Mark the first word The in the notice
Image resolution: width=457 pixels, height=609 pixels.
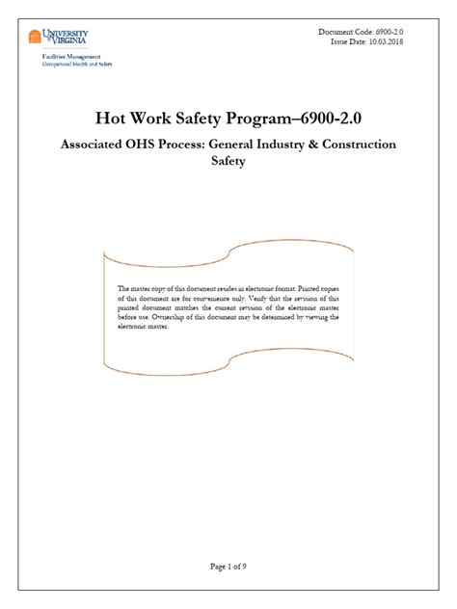(x=122, y=287)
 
